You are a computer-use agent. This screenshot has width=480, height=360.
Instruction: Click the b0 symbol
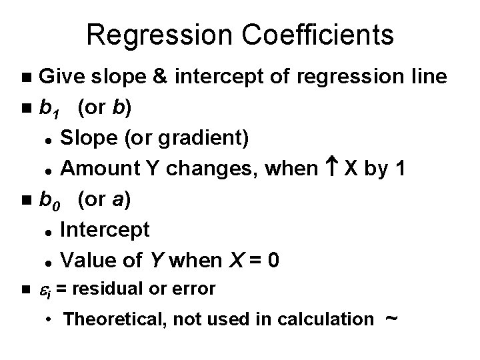[x=52, y=200]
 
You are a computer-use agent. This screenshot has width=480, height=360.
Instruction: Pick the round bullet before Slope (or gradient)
[x=49, y=139]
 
